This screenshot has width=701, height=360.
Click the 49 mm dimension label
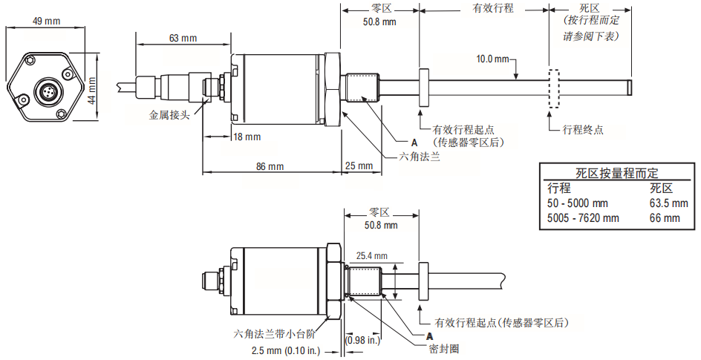46,21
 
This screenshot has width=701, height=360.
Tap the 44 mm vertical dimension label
91,91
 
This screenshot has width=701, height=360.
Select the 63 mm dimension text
183,39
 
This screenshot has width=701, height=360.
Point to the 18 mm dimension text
247,137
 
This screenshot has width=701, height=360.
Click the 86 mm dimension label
270,166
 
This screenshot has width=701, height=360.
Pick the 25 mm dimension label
359,166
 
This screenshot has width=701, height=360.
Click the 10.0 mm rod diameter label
492,59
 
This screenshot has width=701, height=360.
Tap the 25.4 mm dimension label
372,256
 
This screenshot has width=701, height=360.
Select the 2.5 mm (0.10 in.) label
286,351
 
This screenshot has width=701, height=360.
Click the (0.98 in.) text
362,341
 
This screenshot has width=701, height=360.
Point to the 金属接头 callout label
169,115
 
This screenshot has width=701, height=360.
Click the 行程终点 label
583,130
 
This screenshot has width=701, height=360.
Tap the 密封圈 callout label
444,349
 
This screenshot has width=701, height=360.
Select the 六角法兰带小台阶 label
273,334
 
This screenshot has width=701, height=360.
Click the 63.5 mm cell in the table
669,203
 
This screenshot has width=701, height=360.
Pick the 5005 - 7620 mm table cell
584,218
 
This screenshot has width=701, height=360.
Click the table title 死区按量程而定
617,173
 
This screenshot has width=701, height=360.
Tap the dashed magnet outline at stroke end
554,88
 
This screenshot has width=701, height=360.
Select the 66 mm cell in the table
665,218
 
